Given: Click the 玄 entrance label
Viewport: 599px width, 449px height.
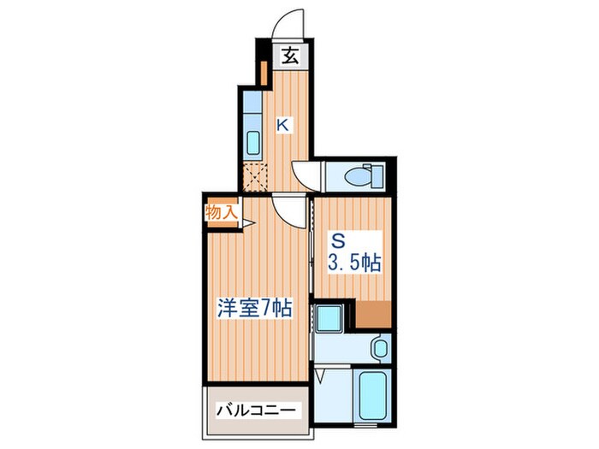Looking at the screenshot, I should [x=291, y=57].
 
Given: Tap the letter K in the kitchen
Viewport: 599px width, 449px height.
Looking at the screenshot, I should [x=282, y=125].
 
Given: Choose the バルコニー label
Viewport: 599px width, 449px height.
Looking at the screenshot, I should [x=255, y=411].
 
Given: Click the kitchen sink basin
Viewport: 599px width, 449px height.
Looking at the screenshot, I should [x=253, y=142].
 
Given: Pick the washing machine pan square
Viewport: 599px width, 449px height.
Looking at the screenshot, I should [x=329, y=318].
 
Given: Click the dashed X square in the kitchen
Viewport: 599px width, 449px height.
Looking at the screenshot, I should [x=254, y=176].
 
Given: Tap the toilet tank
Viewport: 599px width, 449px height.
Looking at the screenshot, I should [x=379, y=177].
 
